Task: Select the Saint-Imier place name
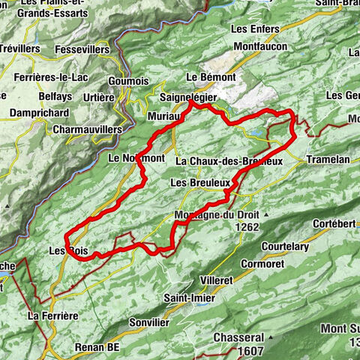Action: tap(187, 297)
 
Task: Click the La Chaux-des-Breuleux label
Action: tap(229, 161)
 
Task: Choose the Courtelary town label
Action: tap(286, 246)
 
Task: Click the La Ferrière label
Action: tap(52, 316)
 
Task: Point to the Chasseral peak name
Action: tap(238, 337)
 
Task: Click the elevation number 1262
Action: tap(245, 226)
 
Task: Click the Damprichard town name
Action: tap(40, 112)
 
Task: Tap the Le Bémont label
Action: tap(211, 77)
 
